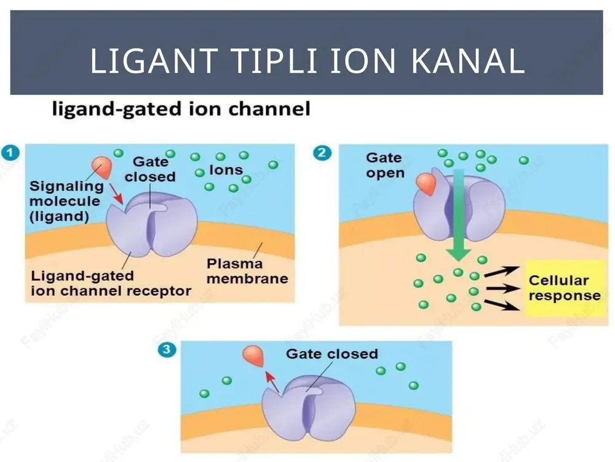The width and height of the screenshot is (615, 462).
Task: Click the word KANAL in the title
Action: click(x=468, y=60)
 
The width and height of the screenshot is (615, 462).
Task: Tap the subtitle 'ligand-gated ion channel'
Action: click(x=181, y=109)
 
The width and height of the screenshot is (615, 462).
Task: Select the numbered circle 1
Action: click(x=10, y=152)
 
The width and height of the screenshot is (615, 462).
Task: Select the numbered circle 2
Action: click(x=322, y=152)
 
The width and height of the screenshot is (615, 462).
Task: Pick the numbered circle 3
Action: click(x=166, y=349)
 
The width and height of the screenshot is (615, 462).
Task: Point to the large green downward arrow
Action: click(x=459, y=215)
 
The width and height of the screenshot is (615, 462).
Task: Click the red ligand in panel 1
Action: click(x=102, y=166)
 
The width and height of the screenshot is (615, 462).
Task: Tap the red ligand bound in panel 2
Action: click(x=426, y=184)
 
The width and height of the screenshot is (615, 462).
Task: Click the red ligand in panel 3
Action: click(x=253, y=355)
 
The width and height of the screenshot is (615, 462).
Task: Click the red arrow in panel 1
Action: click(x=116, y=193)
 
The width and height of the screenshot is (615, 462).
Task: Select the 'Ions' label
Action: click(x=226, y=170)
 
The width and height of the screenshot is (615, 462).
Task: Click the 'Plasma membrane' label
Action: click(x=247, y=271)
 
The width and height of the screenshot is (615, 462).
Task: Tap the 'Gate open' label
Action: click(x=385, y=165)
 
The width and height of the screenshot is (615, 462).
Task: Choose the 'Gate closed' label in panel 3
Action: click(x=332, y=354)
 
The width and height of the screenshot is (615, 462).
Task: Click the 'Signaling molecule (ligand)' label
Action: click(x=66, y=201)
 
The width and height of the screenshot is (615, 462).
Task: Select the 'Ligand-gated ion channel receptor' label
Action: click(x=111, y=283)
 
